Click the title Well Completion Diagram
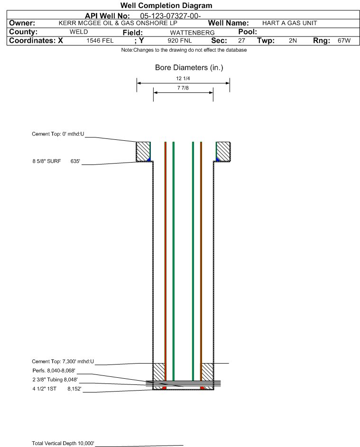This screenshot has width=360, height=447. (x=166, y=5)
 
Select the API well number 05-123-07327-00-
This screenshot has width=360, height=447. (x=170, y=16)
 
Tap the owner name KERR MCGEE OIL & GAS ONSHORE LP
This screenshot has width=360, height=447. (x=118, y=23)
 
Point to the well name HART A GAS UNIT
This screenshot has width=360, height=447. (x=289, y=23)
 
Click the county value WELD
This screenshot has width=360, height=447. (x=79, y=32)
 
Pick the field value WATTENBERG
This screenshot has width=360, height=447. (x=192, y=33)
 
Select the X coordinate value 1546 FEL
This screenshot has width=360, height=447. (x=100, y=41)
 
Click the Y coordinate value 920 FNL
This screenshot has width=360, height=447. (x=180, y=41)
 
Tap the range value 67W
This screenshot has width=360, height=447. (x=344, y=41)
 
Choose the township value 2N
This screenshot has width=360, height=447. (x=293, y=41)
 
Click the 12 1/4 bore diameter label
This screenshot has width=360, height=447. (x=183, y=78)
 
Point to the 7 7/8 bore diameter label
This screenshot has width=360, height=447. (x=183, y=88)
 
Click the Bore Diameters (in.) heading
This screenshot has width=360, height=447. (x=189, y=68)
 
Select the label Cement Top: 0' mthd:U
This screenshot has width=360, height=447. (x=58, y=134)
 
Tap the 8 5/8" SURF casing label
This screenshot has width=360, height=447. (x=46, y=161)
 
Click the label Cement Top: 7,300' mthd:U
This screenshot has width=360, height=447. (x=63, y=362)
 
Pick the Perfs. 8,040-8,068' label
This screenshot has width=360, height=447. (x=54, y=371)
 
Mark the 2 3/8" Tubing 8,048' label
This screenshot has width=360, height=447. (x=55, y=380)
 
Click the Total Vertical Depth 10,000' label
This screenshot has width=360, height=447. (x=63, y=443)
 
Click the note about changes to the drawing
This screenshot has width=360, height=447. (x=184, y=50)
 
